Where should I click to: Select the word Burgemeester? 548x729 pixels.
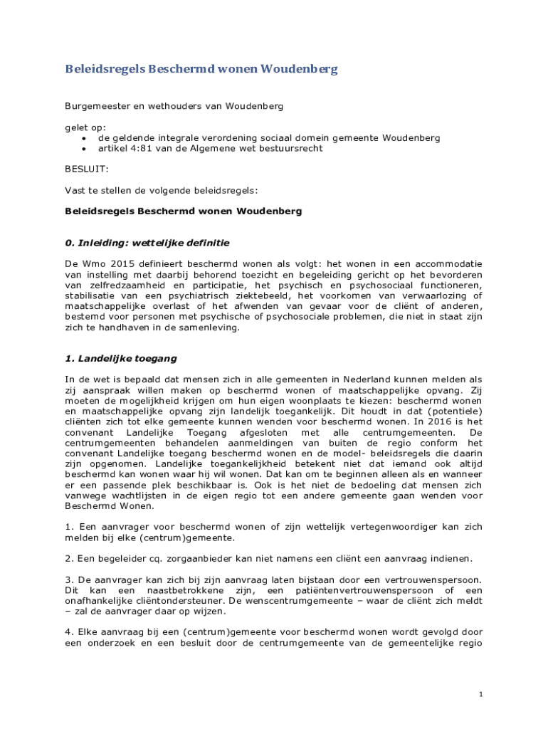[x=93, y=106]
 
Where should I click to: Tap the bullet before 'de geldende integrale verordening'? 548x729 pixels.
[x=85, y=138]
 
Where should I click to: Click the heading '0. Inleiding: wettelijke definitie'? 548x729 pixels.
[x=147, y=243]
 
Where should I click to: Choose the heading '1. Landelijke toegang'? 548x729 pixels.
[x=121, y=358]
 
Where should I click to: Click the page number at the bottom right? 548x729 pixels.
[x=481, y=694]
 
